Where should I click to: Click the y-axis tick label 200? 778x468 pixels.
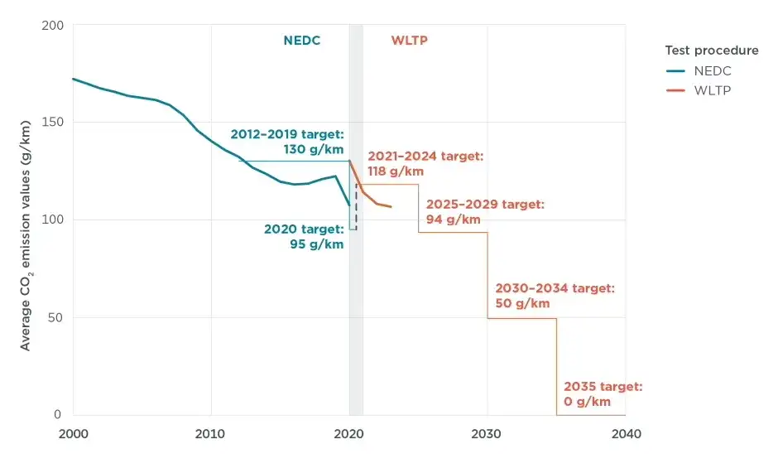51,25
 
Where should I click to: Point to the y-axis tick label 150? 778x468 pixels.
51,123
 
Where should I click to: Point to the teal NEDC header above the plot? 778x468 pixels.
301,40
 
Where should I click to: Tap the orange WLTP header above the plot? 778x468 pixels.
409,40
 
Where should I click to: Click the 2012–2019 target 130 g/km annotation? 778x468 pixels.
287,141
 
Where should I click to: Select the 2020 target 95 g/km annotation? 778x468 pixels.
304,236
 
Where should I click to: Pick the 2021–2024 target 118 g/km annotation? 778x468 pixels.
425,163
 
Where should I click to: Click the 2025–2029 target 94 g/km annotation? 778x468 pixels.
485,212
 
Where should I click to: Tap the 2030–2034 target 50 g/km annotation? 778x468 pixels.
555,296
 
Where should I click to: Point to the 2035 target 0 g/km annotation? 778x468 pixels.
603,393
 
